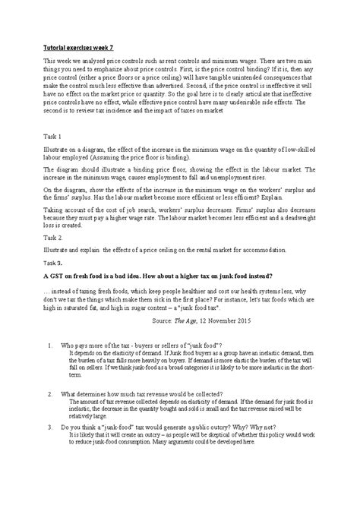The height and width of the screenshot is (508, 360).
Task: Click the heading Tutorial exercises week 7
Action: (x=82, y=47)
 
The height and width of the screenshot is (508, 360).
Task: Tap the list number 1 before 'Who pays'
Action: (x=50, y=346)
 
